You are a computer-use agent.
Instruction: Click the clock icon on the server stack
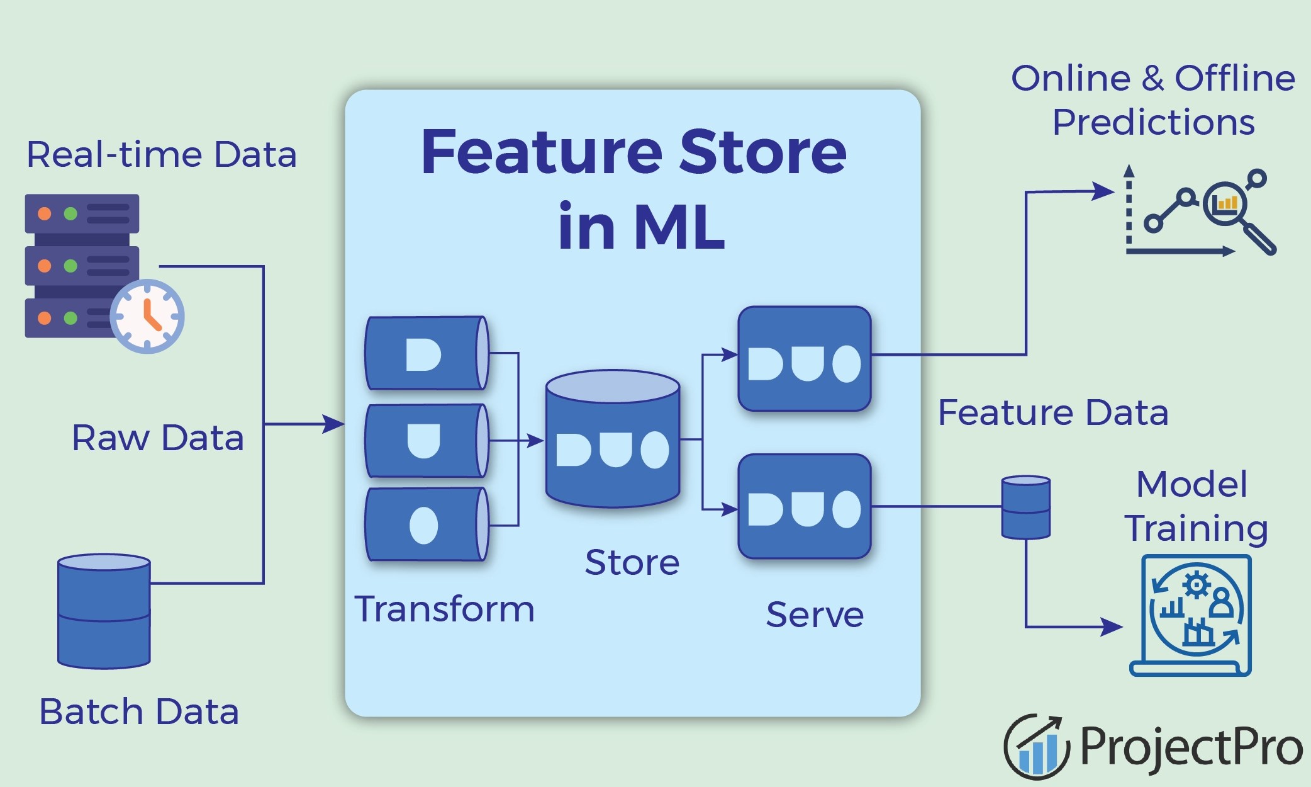coord(147,315)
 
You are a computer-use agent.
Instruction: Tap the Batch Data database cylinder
coord(104,611)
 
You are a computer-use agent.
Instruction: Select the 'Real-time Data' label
coord(161,155)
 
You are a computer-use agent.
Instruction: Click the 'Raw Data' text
coord(157,438)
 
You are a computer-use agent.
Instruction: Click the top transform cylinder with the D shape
coord(427,353)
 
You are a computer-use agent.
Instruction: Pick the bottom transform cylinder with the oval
coord(427,524)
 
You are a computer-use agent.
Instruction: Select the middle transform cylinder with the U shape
coord(427,440)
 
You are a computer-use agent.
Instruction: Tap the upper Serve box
coord(804,359)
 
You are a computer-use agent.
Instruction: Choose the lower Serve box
coord(804,507)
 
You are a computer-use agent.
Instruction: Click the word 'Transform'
coord(444,609)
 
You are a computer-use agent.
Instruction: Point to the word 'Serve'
coord(815,615)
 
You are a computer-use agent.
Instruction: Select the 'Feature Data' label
coord(1053,414)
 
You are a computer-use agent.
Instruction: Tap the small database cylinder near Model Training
coord(1025,507)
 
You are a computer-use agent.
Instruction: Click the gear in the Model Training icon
coord(1196,585)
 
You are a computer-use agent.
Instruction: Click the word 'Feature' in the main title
coord(542,152)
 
